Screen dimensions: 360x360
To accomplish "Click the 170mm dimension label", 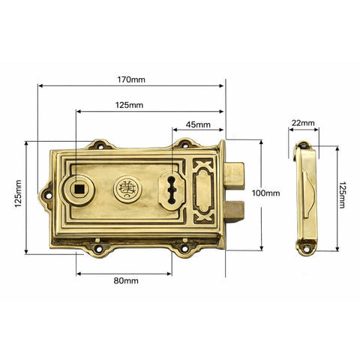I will coord(130,79).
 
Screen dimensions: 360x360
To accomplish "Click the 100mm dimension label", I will coord(265,193).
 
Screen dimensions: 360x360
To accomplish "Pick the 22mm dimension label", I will coord(303,122).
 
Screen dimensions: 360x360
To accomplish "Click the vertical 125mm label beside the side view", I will coord(343,194).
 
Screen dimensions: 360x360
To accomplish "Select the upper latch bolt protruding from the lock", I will coord(234,175).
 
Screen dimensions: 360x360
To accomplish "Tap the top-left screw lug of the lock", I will coord(97,143).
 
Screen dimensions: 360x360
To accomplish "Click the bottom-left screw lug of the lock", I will coord(98,244).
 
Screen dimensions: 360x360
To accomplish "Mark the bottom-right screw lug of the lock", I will coord(182,244).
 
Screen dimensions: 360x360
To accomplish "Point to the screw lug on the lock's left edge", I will coord(49,193).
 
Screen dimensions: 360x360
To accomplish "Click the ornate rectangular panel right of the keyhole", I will coord(202,191).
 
